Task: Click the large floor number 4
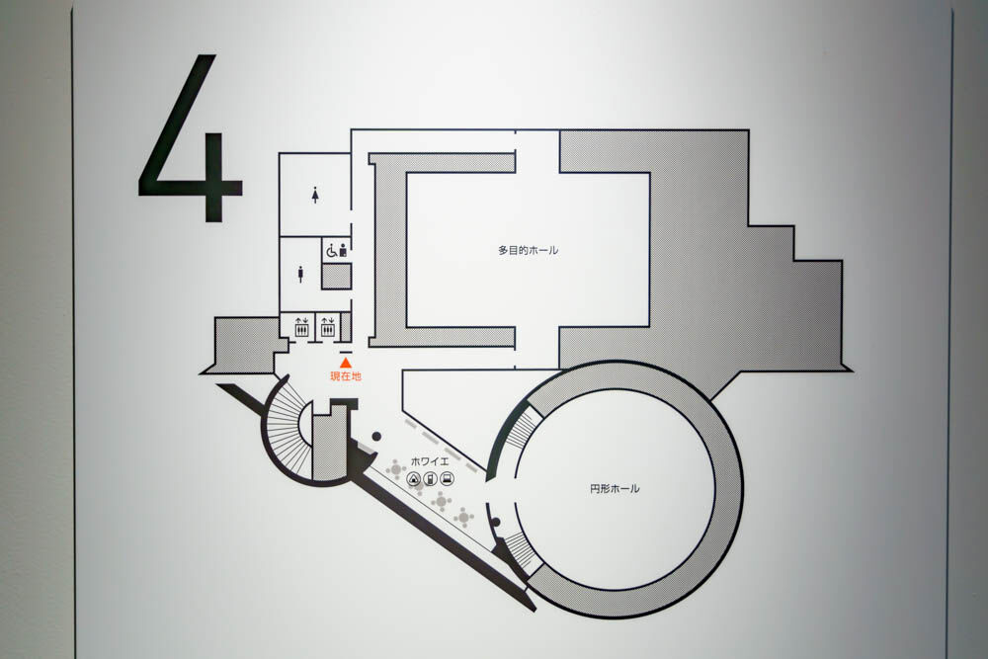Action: pos(192,138)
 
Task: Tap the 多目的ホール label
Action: pos(528,250)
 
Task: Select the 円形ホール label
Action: pos(615,488)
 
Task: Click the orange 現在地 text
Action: pos(345,376)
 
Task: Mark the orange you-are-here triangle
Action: pos(345,364)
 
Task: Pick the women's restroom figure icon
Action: pos(314,196)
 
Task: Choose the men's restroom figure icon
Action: pos(300,274)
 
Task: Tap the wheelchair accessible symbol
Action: pos(331,251)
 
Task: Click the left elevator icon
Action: pos(301,326)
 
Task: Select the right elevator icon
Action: pos(327,326)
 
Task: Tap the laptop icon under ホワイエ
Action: pos(447,479)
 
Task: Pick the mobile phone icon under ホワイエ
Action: pos(431,479)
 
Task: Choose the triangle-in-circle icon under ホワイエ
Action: pos(415,479)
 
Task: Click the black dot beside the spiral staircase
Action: pos(375,437)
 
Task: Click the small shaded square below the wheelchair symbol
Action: pos(336,276)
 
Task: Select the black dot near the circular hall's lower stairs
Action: pos(495,523)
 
